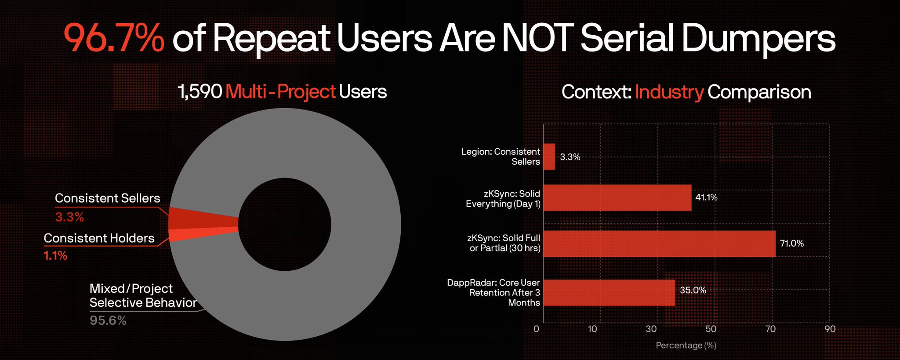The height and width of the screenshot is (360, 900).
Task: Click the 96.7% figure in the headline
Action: click(114, 39)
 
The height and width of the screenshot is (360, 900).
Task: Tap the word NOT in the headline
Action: click(537, 39)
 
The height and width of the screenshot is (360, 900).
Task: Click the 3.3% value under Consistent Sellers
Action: click(69, 217)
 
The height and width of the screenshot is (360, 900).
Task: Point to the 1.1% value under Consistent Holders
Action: click(55, 255)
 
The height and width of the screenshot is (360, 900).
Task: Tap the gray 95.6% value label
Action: click(108, 320)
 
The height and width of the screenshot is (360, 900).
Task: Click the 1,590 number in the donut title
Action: click(200, 92)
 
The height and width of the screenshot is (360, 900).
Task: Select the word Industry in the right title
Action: click(669, 92)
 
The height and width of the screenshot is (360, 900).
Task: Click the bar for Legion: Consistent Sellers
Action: click(549, 157)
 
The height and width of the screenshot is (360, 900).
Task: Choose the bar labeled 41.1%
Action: click(617, 198)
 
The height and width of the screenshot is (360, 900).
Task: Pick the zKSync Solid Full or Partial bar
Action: click(659, 244)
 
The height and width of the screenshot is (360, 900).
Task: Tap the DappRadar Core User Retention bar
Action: click(609, 293)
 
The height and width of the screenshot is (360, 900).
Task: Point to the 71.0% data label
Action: click(791, 244)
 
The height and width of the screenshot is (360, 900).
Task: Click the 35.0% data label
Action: click(693, 290)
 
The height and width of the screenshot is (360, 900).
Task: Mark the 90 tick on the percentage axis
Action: click(830, 329)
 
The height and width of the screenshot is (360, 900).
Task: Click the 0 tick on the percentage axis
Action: click(536, 329)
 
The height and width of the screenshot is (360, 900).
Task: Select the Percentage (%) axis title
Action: click(686, 345)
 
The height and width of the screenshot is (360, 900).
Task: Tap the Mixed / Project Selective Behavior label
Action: click(143, 295)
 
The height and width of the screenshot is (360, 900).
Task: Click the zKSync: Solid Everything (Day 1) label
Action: click(503, 199)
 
